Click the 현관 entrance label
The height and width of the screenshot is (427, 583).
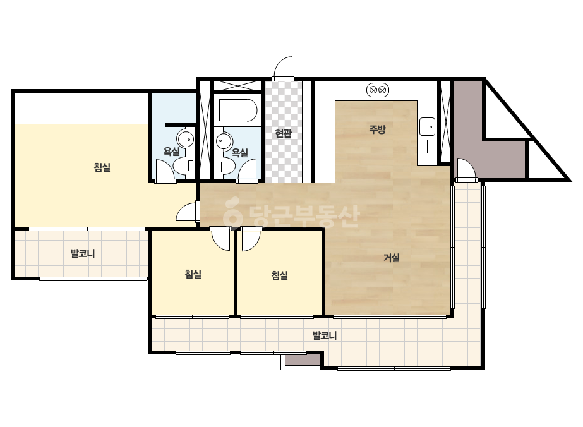coord(284,133)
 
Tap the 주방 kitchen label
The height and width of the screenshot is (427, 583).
coord(377,129)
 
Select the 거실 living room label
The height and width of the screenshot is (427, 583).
coord(392,257)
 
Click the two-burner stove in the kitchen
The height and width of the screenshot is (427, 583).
coord(378,90)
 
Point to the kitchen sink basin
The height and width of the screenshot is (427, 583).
coord(427,127)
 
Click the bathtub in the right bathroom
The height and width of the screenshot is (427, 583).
coord(238,110)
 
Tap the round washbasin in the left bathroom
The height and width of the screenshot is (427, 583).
coord(186,139)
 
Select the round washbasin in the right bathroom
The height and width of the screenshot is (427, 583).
coord(224,141)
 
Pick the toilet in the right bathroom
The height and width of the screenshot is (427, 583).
coord(225,166)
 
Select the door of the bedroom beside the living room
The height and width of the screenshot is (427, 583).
coord(251,238)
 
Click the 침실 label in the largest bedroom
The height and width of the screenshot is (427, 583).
coord(102,167)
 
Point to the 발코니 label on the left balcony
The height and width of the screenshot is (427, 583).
coord(83,254)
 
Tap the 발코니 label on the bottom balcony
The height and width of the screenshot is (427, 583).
coord(325,335)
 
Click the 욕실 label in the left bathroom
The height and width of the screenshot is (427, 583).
coord(171,152)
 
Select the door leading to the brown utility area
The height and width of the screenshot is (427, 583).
coord(466,170)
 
